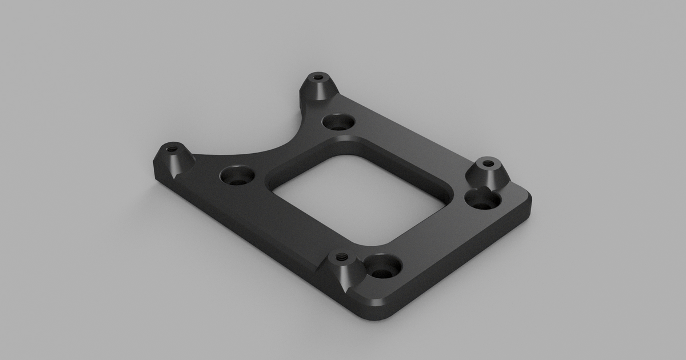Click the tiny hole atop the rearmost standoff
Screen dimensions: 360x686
[x=318, y=77]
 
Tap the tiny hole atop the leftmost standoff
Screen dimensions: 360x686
[x=170, y=148]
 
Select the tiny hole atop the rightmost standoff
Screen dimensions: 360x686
[x=488, y=163]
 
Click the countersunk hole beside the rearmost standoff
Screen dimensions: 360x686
[x=338, y=122]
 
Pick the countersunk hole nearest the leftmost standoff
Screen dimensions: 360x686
[x=237, y=175]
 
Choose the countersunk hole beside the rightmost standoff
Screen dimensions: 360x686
[x=483, y=201]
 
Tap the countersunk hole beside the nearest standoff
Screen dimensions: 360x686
[x=382, y=266]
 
